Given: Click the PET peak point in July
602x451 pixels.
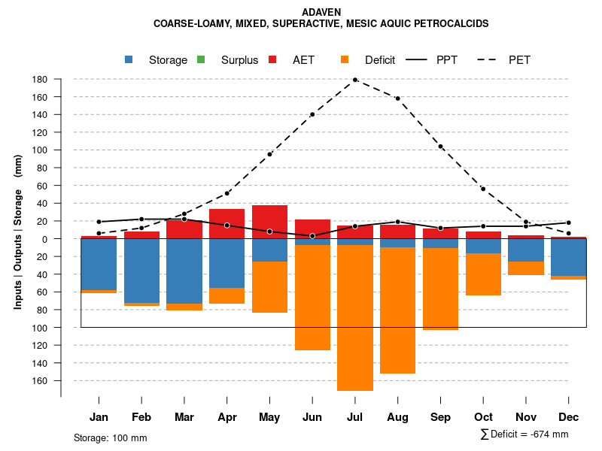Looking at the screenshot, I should (354, 80).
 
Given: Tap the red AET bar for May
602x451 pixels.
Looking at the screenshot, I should (269, 222).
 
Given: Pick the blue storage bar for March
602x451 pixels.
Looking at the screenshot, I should (184, 271).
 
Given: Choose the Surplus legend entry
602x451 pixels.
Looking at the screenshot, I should (239, 60).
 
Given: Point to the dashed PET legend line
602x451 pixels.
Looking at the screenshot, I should (489, 59).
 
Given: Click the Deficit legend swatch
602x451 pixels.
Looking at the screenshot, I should (345, 59).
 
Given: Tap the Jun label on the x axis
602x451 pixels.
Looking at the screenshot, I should (312, 417).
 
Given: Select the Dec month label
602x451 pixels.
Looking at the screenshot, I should (569, 417).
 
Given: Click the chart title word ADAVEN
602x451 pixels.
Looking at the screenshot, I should (321, 13).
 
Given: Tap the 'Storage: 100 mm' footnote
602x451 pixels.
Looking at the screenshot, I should (111, 437).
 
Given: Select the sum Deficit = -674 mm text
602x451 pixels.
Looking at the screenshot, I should (524, 434).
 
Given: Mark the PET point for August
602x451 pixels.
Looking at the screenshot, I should (397, 98).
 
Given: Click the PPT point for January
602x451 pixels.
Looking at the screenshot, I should (99, 222).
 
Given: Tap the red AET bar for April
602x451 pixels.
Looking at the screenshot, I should (227, 224).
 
